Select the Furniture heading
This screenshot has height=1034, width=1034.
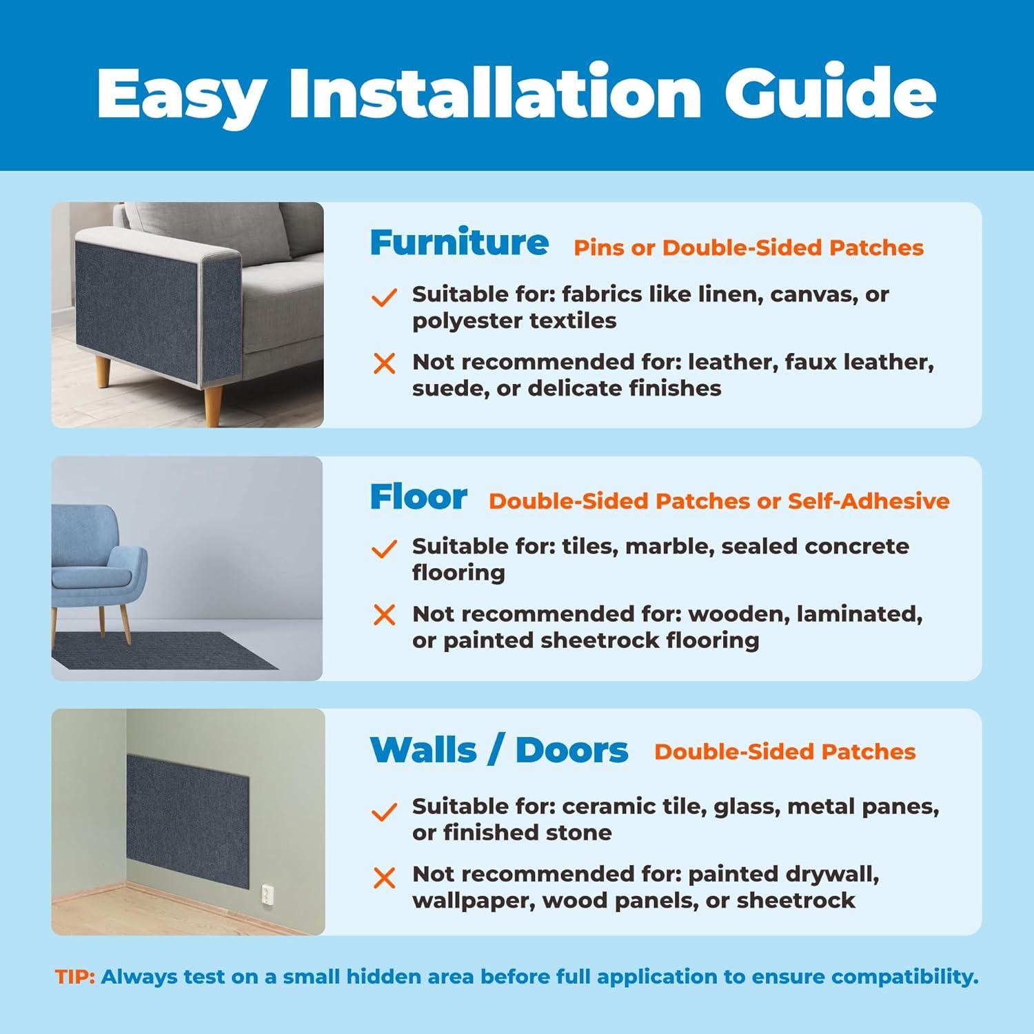(459, 242)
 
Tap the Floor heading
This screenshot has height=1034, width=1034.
(418, 496)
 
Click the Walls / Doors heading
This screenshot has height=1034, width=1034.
(499, 750)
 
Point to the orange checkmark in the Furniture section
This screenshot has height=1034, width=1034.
(384, 296)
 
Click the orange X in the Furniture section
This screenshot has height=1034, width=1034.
(384, 363)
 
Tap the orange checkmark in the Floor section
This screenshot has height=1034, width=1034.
(384, 549)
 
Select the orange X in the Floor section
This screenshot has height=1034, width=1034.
(384, 615)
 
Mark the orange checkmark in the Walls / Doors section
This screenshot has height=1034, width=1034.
(384, 811)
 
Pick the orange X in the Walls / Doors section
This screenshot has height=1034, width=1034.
(384, 878)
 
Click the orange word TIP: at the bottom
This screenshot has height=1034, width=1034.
(75, 977)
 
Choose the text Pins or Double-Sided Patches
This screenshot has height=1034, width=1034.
(749, 247)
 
